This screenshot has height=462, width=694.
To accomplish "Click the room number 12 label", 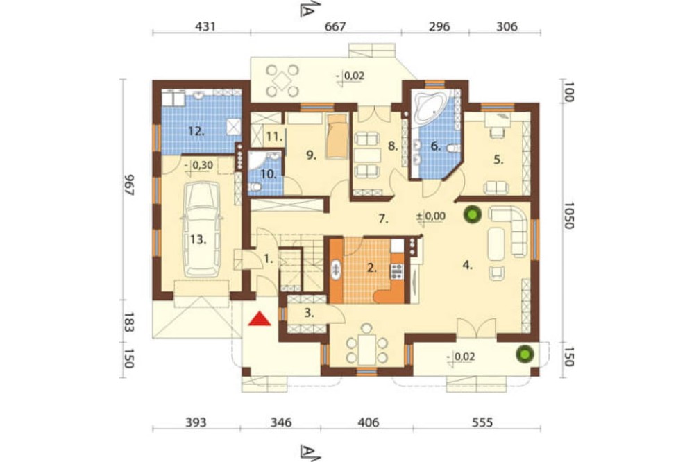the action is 196,131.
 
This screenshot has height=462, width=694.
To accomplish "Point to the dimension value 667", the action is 335,26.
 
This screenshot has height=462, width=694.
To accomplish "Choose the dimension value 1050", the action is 569,216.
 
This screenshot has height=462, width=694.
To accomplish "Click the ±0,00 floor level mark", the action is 431,216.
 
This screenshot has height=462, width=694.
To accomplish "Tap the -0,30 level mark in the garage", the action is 199,166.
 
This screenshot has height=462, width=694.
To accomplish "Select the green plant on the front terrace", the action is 525,354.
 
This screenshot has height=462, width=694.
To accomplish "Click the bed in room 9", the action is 337,136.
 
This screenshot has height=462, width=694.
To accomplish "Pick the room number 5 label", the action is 498,160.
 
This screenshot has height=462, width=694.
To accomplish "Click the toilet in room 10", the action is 255,187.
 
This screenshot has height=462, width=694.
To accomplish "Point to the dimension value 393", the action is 196,422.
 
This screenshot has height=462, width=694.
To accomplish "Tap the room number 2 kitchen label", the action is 372,267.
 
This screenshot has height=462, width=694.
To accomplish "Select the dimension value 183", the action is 128,322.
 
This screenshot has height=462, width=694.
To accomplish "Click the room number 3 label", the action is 309,314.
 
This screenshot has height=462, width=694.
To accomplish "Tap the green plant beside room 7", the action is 472,216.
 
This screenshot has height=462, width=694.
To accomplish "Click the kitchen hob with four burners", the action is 396,271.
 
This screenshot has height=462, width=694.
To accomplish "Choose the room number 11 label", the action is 274,137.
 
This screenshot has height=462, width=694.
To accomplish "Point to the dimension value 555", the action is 482,422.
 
